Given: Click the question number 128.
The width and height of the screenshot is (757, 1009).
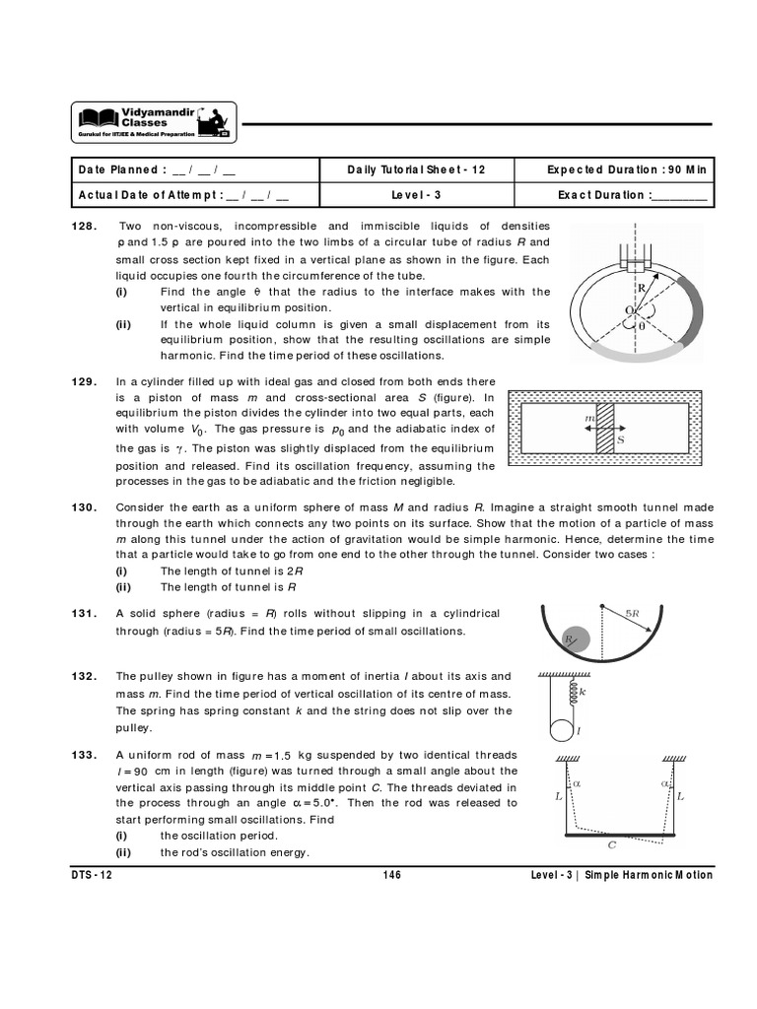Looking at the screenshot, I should point(84,226).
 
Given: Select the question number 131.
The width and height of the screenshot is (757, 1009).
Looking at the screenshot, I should point(84,613).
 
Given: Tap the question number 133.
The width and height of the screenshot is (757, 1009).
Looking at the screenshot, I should point(84,755).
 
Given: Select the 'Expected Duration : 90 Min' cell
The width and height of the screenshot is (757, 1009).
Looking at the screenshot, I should point(627,169).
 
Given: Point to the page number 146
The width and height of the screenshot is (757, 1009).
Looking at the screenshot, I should point(390,875).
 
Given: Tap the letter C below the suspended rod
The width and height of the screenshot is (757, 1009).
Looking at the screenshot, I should point(612,844).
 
